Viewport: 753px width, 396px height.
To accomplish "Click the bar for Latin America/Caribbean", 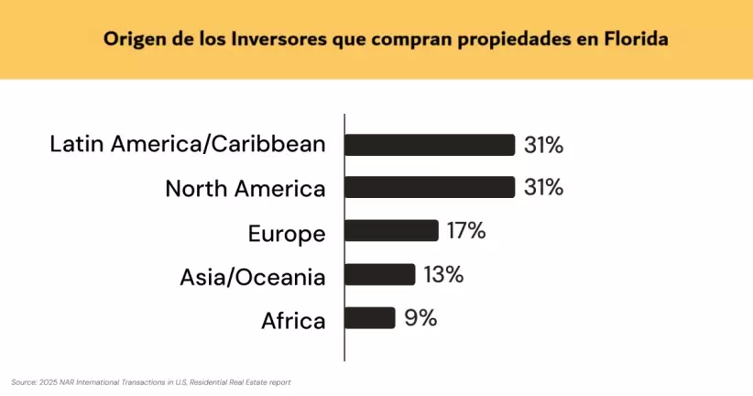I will coord(429,145).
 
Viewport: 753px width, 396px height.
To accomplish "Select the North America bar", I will coord(429,188).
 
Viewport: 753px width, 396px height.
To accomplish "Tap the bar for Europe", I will coord(391,231).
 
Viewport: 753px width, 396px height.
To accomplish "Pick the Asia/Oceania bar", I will coord(379,274).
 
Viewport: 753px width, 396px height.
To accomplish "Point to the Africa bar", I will coord(369,318).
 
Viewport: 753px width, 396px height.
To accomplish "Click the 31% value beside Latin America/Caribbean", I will coord(543,145).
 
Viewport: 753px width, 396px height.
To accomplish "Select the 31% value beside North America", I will coord(543,188).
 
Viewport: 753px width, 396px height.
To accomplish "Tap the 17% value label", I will coord(466,231).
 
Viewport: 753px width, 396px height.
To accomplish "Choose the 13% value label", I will coord(443,274).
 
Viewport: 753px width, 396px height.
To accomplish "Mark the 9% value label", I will coord(420,318).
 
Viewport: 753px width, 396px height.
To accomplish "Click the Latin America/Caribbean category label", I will coord(188,145).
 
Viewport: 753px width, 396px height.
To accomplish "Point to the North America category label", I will coord(245,189).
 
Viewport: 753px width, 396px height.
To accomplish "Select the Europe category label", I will coord(287,233).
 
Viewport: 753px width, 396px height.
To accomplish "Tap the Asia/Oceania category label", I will coord(253,277).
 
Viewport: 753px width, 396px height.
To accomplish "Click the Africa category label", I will coord(293,321).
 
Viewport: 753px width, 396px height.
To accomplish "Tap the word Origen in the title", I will coord(132,39).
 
